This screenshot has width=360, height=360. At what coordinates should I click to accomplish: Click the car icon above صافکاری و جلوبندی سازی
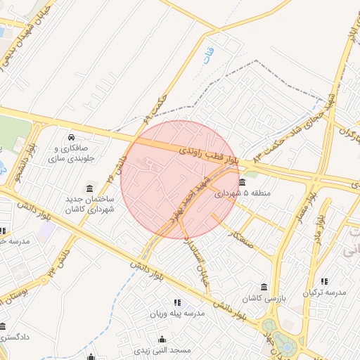click(72, 136)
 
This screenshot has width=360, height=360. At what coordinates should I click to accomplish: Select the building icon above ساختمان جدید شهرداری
click(89, 188)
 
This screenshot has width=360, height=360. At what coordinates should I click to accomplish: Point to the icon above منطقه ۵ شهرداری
click(243, 182)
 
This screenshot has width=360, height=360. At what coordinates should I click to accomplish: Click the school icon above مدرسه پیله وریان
click(176, 302)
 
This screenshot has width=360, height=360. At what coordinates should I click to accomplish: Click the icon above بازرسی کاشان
click(264, 288)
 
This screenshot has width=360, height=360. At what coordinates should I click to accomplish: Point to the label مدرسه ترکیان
click(324, 292)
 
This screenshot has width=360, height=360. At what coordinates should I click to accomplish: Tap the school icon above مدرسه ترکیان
click(324, 281)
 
